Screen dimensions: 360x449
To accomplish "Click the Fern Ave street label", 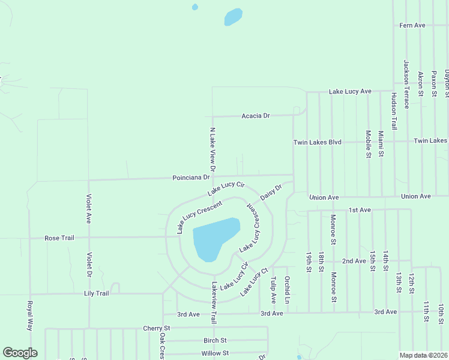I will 412,25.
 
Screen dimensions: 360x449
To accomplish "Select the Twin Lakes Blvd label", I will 317,142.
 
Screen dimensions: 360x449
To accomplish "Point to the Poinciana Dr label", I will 191,178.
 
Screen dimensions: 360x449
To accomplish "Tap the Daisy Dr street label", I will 271,192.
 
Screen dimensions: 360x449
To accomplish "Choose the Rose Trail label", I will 59,238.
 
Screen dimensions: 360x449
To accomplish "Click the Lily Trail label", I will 96,293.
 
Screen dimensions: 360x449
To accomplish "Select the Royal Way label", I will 29,316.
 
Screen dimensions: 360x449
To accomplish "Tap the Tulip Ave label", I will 273,289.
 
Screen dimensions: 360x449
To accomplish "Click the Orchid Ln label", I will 288,289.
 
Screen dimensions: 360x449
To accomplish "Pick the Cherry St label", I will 157,328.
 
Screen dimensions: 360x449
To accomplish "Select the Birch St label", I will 215,340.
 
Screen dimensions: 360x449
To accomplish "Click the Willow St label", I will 215,353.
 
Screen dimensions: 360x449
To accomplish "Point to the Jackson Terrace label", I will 406,84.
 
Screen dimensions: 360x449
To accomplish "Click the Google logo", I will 20,353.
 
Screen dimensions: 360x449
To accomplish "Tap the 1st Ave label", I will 361,210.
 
